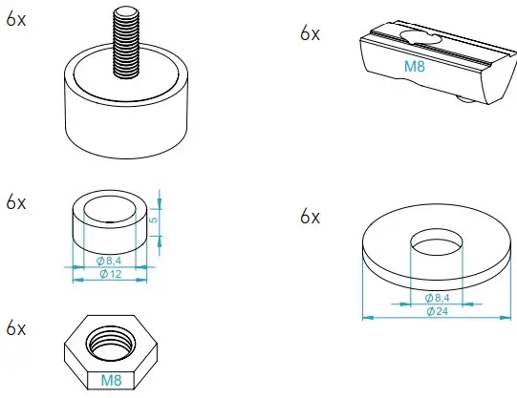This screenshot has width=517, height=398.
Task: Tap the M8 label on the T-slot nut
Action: [414, 68]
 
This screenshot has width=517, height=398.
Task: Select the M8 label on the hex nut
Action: [111, 380]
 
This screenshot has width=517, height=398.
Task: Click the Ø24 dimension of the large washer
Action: [436, 311]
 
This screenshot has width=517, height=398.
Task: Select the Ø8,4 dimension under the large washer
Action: [436, 298]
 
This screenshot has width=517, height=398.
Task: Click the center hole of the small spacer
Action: [111, 211]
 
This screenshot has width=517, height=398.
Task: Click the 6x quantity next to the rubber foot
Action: [16, 19]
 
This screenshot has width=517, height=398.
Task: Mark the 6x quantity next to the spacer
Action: [16, 202]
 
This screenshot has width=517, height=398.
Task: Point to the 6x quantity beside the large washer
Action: [310, 217]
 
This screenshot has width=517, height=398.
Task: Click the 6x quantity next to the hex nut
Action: [16, 327]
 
